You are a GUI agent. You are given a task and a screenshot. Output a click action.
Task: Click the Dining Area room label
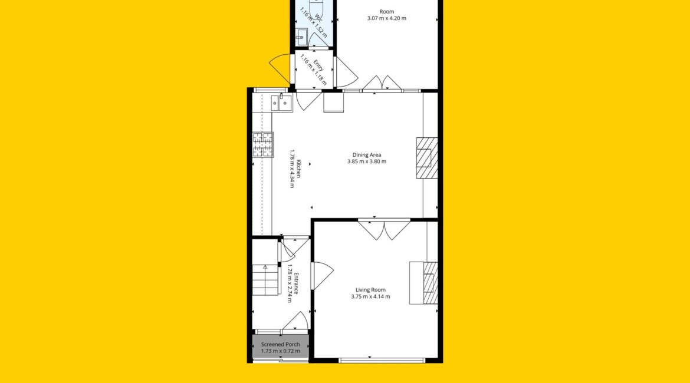coord(367,155)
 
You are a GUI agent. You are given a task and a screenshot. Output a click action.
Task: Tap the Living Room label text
coord(370,290)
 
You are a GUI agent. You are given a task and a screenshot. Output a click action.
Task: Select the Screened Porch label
coord(280,344)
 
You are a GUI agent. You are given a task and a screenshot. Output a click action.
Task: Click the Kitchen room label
coord(299,169)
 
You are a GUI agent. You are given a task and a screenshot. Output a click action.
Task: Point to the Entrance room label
coord(296,283)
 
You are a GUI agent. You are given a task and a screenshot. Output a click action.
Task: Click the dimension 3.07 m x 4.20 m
coord(387,18)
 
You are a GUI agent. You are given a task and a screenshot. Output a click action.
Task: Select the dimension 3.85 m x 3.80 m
coord(367,161)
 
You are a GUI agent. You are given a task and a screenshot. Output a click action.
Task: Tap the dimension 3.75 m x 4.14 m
coord(370,296)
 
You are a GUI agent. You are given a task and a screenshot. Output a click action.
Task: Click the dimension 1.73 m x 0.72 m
coord(280,351)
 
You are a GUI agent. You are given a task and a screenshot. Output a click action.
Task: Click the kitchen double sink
coord(281,103)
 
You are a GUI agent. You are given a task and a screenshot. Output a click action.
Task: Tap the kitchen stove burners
coord(262,145)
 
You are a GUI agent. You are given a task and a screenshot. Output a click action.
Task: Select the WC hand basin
coord(301,37)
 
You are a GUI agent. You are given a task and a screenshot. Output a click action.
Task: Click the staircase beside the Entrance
coord(265,280)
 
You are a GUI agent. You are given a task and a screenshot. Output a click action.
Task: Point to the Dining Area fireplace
coord(427,158)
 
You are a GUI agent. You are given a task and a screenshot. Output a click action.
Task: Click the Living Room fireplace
coord(423,283)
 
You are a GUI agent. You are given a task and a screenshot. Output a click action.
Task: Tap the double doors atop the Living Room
coord(384,229)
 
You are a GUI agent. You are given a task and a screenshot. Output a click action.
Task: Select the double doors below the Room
coord(382,84)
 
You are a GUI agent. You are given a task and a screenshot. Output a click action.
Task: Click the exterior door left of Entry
coord(280,68)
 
